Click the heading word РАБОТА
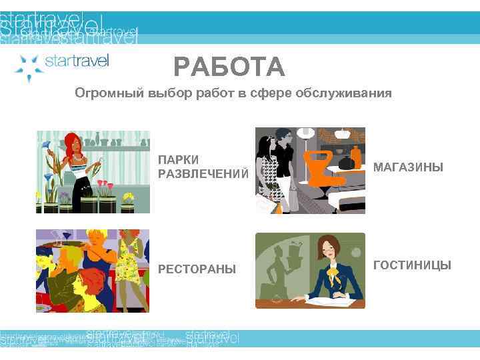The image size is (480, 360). pos(229,67)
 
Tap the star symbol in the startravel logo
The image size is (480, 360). pos(28,67)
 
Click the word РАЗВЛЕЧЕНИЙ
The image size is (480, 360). pos(203,174)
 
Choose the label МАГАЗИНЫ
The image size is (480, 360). pos(407,167)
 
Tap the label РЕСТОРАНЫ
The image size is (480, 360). pos(197,269)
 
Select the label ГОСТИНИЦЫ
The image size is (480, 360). pos(412,265)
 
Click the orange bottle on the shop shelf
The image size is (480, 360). pos(356,157)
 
